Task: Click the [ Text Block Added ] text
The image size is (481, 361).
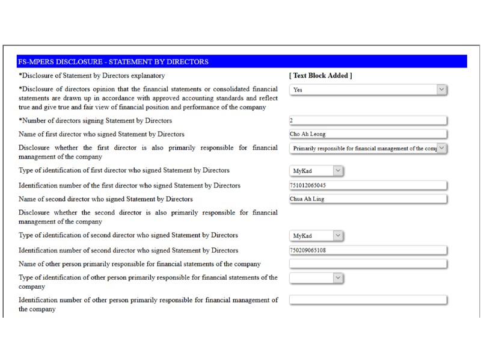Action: click(320, 76)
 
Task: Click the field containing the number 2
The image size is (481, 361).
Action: click(368, 120)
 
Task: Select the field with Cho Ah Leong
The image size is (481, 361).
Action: click(368, 134)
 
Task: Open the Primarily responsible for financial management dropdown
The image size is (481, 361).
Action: click(368, 148)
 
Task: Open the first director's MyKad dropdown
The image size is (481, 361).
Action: click(316, 171)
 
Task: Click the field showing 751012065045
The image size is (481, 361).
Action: click(368, 185)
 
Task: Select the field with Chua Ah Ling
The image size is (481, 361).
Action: click(368, 199)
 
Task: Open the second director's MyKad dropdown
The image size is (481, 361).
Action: click(316, 236)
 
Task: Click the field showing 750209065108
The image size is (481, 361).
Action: click(368, 250)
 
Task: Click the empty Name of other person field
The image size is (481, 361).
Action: click(368, 264)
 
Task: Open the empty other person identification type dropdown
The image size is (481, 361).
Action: click(316, 278)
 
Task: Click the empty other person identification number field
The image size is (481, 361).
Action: click(368, 300)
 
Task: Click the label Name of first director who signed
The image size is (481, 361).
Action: click(102, 134)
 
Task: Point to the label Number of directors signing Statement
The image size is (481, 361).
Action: click(95, 121)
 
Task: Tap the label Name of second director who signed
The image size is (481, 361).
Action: click(106, 199)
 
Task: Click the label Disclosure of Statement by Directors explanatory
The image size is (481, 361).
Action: click(91, 76)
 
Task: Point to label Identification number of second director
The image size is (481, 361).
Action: click(128, 250)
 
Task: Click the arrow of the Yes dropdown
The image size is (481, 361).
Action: click(441, 90)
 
